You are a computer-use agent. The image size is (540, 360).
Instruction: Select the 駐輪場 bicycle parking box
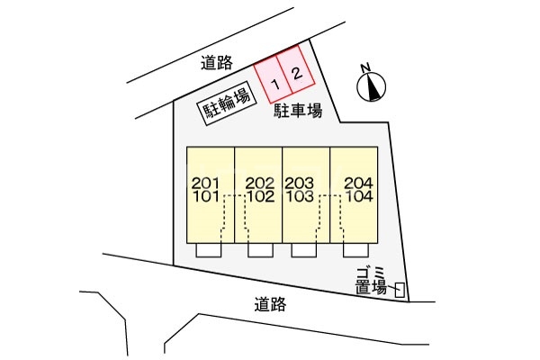tap(223, 111)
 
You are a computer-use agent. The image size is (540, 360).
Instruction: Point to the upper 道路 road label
tap(217, 62)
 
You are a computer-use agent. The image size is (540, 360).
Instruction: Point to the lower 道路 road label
tap(270, 304)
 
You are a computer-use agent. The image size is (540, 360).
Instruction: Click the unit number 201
tap(205, 183)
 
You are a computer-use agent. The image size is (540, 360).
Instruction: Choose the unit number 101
tap(205, 195)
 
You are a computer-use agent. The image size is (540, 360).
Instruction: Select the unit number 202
tap(259, 183)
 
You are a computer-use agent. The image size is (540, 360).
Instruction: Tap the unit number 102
tap(259, 195)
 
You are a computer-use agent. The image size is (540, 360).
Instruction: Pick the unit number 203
tap(299, 183)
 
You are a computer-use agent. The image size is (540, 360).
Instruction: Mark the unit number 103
tap(299, 195)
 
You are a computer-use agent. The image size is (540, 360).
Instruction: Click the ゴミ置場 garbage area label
tap(370, 280)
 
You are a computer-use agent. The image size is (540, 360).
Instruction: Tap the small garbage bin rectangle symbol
tap(400, 290)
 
